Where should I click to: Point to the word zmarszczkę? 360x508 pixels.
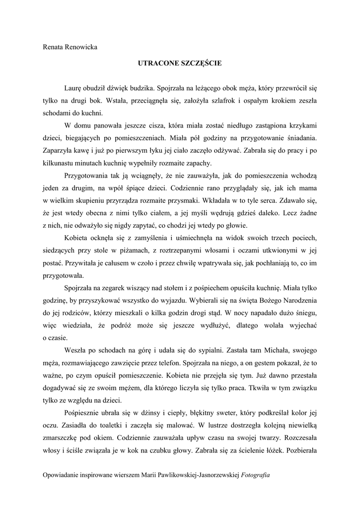coord(63,440)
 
